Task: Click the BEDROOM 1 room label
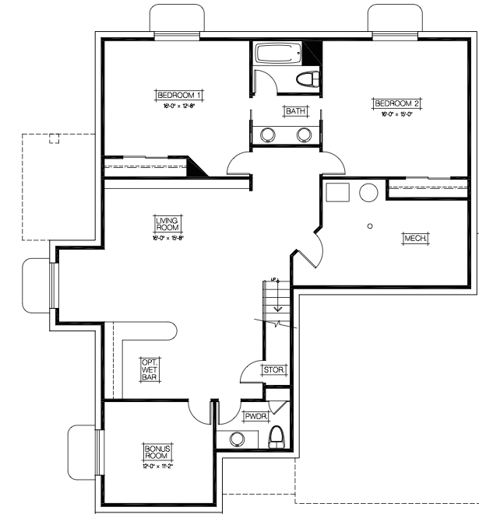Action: click(x=180, y=95)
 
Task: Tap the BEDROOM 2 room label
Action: click(x=397, y=103)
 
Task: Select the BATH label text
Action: click(x=295, y=111)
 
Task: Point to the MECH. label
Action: click(x=415, y=238)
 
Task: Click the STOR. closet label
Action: click(x=273, y=370)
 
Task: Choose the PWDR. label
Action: click(x=255, y=416)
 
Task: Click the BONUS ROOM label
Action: click(x=157, y=451)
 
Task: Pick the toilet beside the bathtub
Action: click(x=308, y=79)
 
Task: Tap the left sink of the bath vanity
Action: click(x=268, y=134)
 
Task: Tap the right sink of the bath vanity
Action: click(x=305, y=134)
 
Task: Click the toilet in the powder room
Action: click(x=276, y=438)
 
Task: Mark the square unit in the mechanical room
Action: click(x=338, y=193)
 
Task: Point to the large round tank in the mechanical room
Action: click(x=368, y=192)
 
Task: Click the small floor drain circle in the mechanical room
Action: click(x=370, y=226)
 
